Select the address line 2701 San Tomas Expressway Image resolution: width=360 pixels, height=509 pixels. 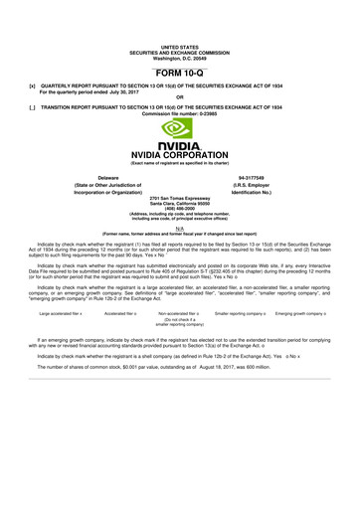click(x=180, y=200)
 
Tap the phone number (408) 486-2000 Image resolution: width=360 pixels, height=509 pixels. click(x=180, y=210)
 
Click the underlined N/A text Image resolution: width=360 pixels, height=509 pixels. click(x=180, y=228)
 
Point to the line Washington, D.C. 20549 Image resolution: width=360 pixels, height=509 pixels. click(x=180, y=57)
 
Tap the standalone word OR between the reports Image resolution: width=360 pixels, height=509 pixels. click(x=180, y=97)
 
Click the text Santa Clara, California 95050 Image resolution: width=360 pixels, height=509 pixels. click(x=180, y=205)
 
